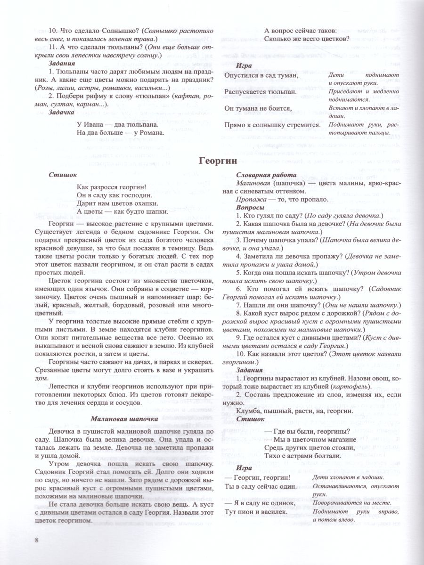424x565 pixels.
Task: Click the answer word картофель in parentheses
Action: point(346,387)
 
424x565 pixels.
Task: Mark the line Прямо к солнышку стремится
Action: point(272,125)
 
